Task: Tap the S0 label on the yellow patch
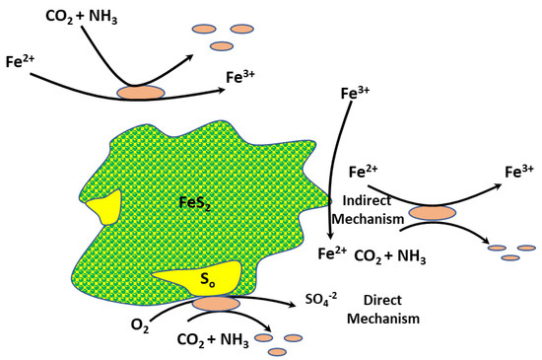[x=207, y=279]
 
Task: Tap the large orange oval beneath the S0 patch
[x=215, y=304]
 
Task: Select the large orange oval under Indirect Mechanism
[x=432, y=212]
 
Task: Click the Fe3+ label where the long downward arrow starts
[x=354, y=94]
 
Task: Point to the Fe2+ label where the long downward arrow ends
[x=333, y=253]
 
